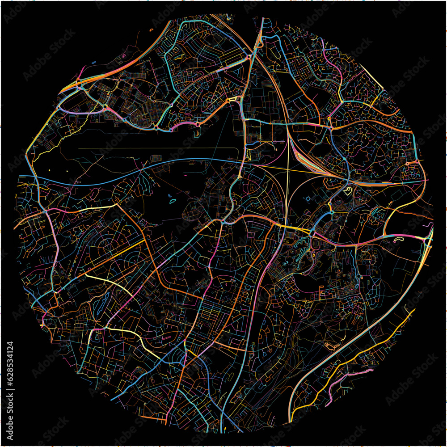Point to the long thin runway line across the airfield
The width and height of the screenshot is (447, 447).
click(156, 148)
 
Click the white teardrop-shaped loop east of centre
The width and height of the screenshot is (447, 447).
click(348, 192)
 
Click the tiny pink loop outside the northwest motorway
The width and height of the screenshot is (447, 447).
click(122, 55)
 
